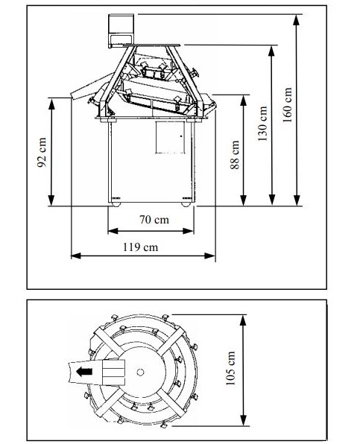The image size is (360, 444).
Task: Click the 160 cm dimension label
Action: (287, 104)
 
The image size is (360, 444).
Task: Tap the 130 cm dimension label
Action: (262, 124)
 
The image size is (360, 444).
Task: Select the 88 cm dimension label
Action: (235, 155)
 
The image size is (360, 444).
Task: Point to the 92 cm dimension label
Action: (42, 152)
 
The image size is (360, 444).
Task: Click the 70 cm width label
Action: (154, 220)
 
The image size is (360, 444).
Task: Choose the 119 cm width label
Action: (140, 247)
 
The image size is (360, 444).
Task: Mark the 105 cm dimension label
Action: (230, 368)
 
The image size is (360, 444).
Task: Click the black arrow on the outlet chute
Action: (84, 371)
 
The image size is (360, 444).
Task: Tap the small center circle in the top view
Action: (140, 372)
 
